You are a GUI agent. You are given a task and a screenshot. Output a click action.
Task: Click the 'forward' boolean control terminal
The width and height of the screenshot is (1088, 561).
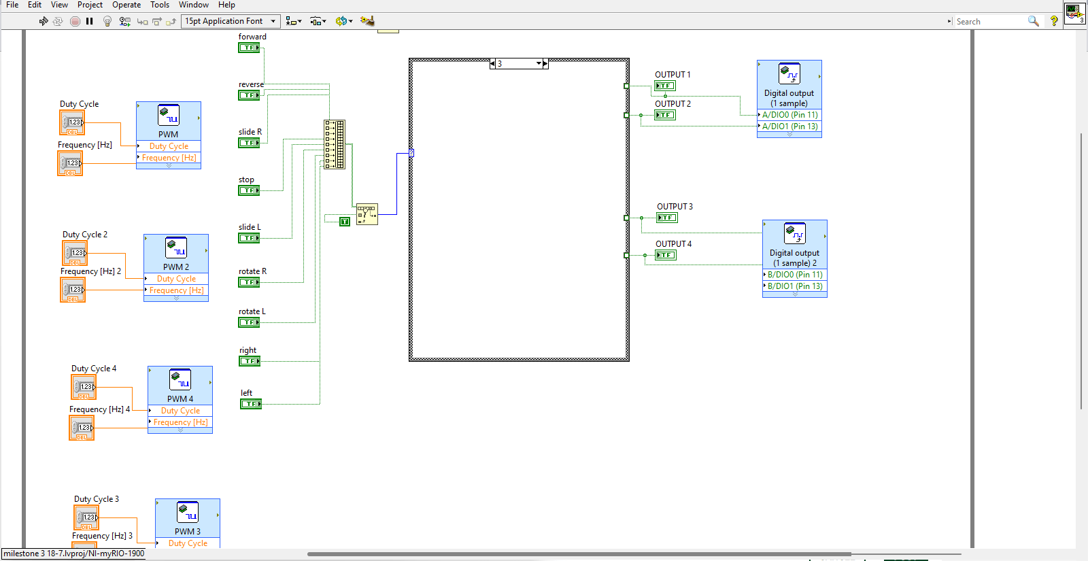pos(249,48)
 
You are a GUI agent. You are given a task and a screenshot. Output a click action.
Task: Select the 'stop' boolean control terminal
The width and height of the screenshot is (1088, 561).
pos(249,190)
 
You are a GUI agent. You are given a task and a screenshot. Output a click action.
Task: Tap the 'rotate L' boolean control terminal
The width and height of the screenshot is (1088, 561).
pos(249,322)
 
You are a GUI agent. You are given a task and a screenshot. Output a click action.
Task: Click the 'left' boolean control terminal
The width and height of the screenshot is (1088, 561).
pos(250,404)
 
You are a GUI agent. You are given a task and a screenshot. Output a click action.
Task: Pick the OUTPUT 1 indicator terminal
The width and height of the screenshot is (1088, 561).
pos(664,86)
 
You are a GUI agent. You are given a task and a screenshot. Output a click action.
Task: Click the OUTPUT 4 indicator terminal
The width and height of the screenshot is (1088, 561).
pos(665,255)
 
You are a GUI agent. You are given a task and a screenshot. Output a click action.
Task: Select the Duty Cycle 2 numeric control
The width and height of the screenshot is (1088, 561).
pos(75,253)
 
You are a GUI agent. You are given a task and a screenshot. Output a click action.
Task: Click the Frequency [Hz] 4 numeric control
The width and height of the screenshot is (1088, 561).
pos(82,428)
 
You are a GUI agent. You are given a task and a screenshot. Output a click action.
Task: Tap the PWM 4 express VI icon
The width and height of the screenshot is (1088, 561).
pos(180,379)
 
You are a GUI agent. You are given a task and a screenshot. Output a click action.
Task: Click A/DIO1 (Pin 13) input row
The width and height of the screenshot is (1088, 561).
pos(789,126)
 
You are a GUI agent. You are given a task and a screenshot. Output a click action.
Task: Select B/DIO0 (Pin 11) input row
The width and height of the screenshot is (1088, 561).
pos(795,275)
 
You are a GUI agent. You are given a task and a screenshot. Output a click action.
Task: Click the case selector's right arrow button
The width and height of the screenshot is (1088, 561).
pos(545,64)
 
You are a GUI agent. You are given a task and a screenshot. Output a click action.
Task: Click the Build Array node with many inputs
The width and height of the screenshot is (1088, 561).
pos(334,144)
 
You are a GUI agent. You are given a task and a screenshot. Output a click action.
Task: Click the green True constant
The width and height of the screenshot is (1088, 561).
pos(345,222)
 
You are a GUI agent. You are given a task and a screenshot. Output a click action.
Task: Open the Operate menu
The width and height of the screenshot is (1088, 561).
pos(126,5)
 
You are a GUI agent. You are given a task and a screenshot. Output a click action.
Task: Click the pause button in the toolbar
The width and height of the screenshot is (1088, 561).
pos(89,21)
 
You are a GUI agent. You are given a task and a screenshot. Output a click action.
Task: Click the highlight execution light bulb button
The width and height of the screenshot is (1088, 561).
pos(107,21)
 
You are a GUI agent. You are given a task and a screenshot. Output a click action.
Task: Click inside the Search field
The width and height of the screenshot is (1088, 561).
pos(989,22)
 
